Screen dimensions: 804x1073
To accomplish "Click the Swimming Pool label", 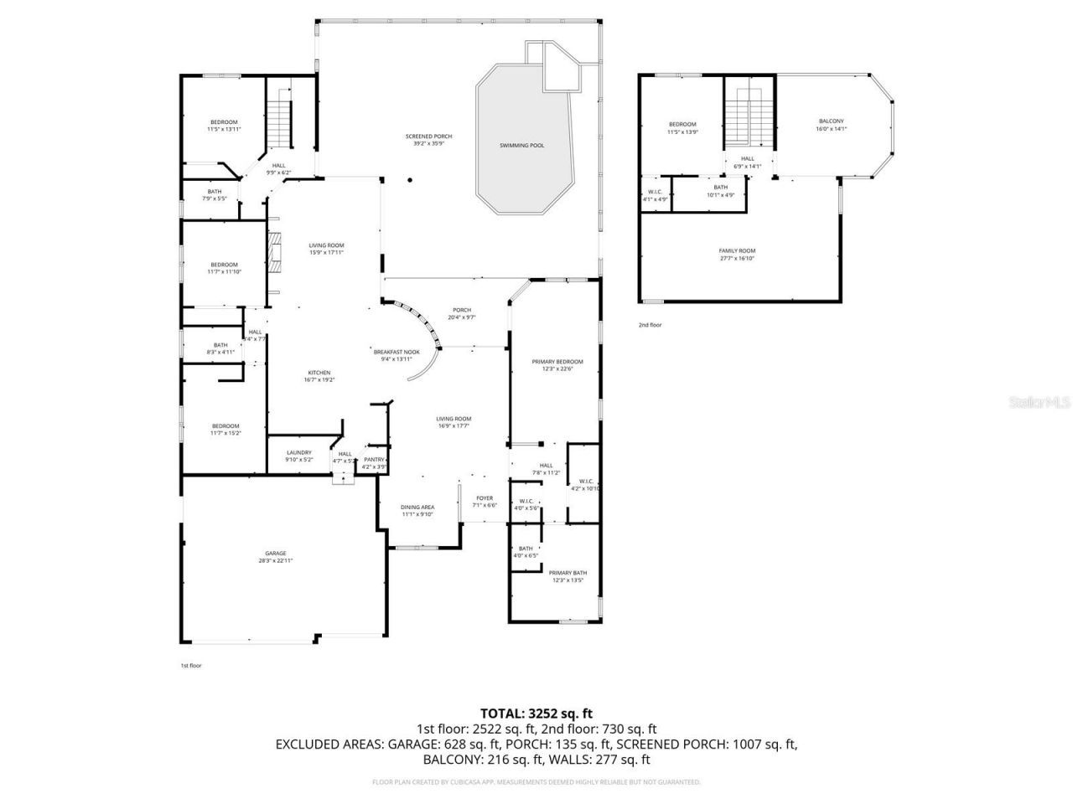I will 521,146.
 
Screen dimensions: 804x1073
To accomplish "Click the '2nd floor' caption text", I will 650,325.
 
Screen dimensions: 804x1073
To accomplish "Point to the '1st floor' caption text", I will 191,666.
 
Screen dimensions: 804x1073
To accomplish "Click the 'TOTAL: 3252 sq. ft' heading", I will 536,714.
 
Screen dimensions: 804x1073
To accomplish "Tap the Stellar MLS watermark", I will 1039,403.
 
